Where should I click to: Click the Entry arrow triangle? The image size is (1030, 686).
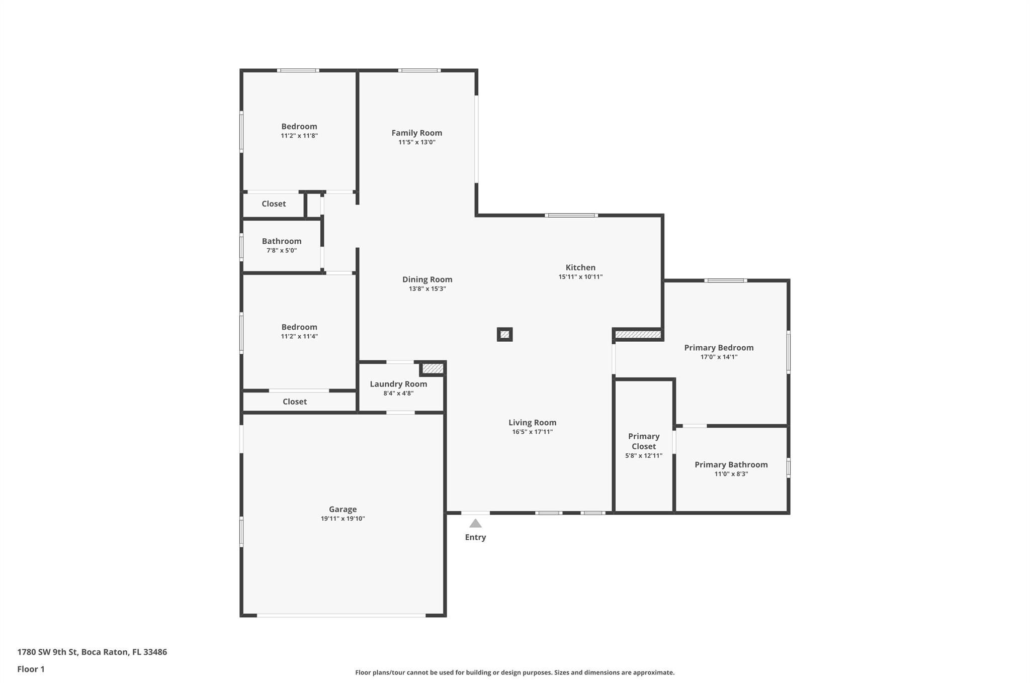coord(475,524)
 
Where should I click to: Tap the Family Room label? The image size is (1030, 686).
coord(417,133)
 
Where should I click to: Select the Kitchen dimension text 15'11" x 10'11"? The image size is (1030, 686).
coord(580,277)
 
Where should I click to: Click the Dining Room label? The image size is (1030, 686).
coord(427,279)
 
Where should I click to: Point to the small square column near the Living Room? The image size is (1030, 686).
coord(505,334)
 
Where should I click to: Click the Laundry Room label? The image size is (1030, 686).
coord(398,384)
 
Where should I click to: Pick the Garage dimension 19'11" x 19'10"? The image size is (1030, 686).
coord(343,519)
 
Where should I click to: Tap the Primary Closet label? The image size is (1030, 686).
coord(644,441)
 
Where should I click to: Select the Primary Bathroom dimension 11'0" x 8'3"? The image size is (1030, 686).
coord(731,474)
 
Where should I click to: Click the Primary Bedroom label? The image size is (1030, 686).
coord(719,348)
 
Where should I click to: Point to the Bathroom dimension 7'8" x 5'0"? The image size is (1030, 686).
coord(282,250)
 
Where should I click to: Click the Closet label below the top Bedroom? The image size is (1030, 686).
coord(274,204)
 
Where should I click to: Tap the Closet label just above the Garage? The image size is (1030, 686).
coord(295,402)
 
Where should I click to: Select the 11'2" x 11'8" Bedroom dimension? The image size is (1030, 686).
coord(299,136)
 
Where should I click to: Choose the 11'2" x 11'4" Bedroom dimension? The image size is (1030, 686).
coord(299,336)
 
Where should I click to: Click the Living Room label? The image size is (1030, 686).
coord(532,423)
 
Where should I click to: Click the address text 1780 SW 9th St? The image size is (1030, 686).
coord(47,652)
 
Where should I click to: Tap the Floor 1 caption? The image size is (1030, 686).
coord(31,669)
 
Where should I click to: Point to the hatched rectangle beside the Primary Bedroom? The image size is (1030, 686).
coord(638,334)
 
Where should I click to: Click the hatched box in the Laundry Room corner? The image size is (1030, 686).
coord(433,369)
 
